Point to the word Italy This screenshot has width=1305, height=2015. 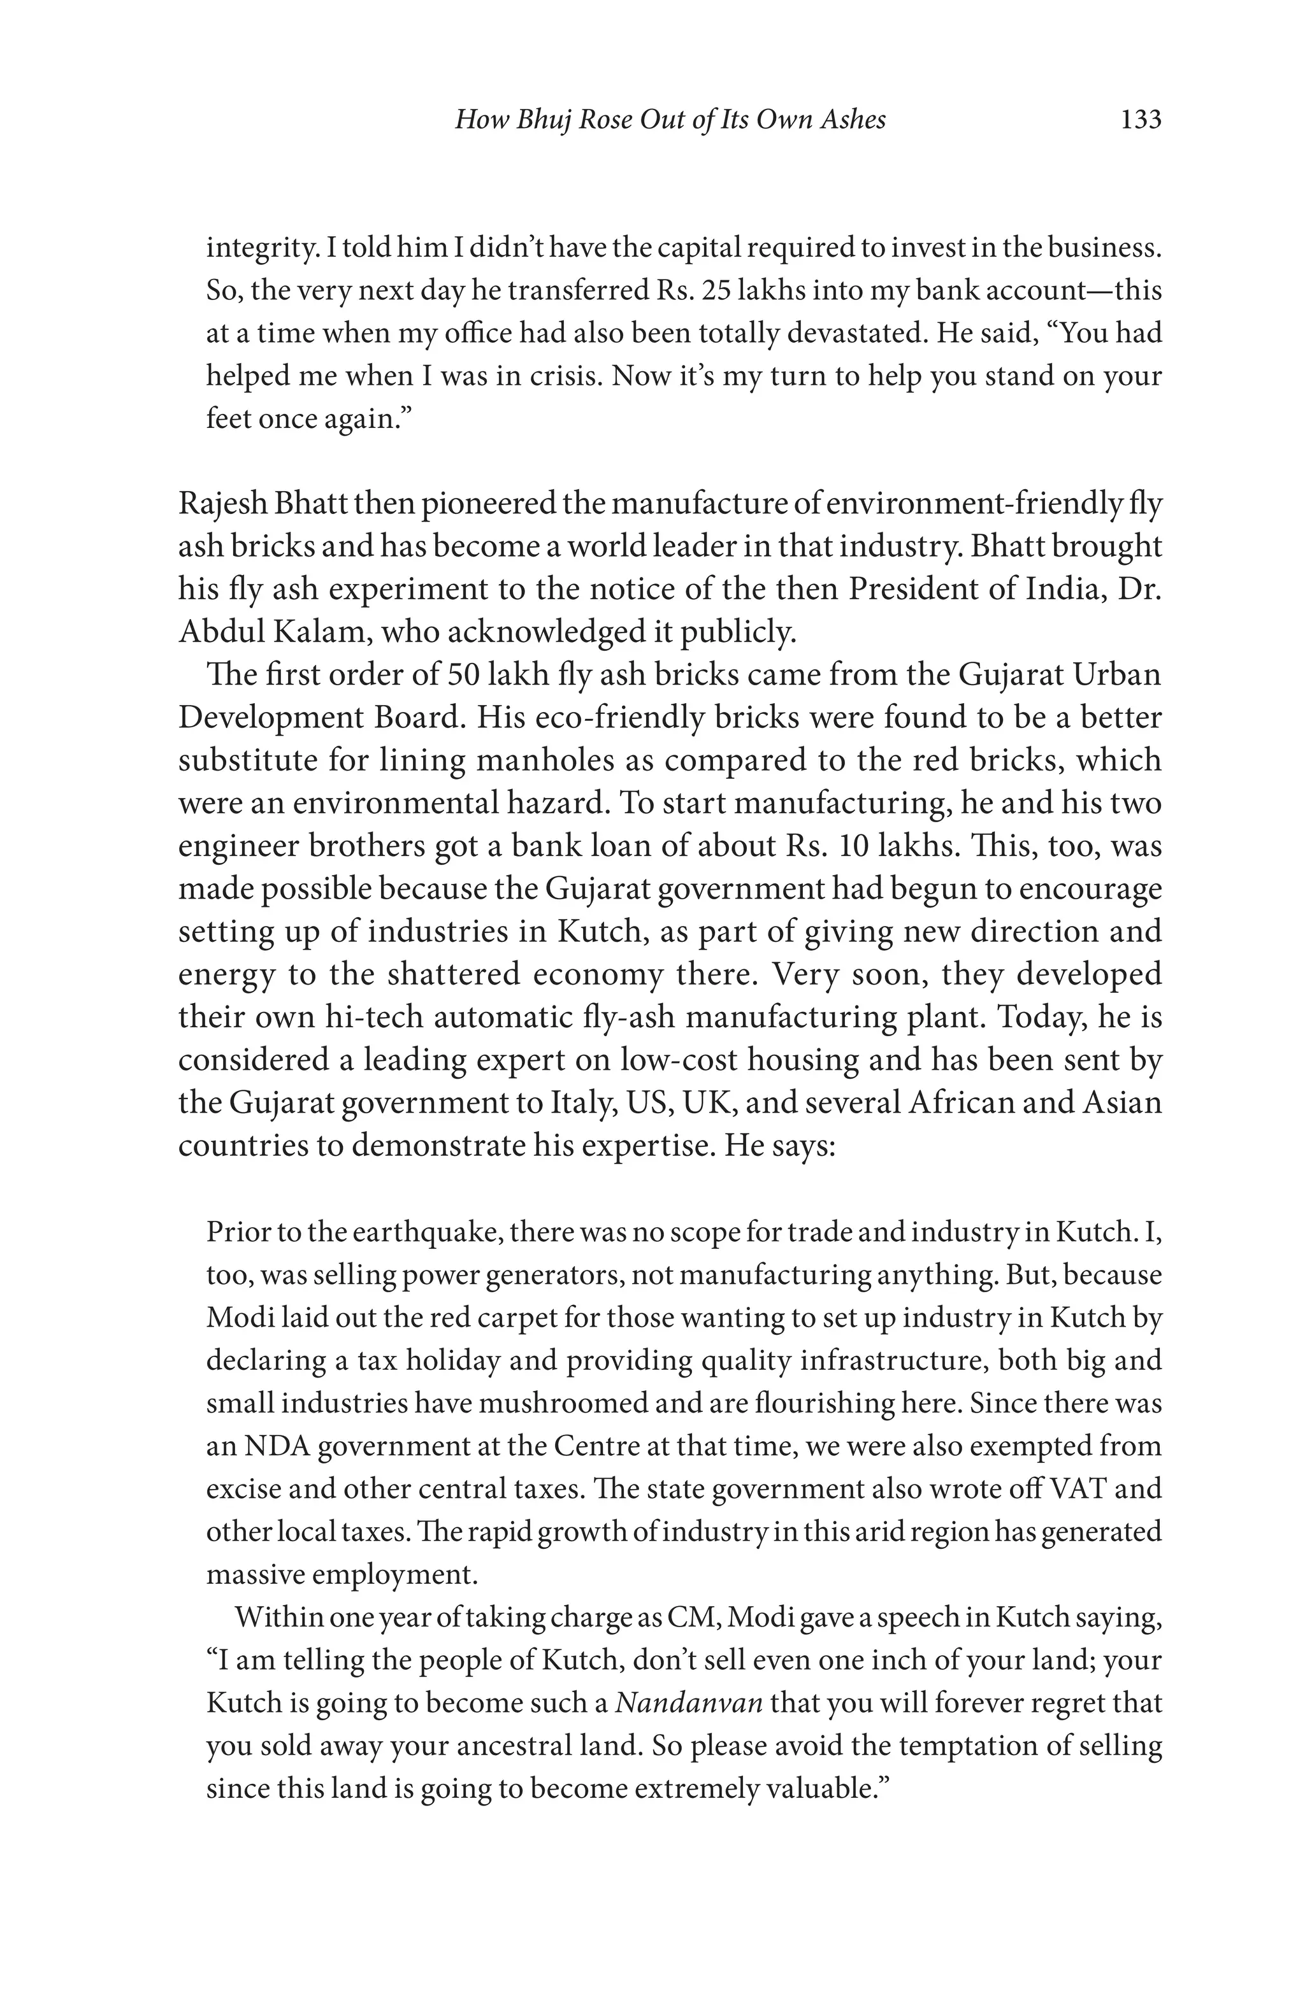(588, 1102)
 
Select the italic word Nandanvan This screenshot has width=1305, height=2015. (688, 1702)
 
